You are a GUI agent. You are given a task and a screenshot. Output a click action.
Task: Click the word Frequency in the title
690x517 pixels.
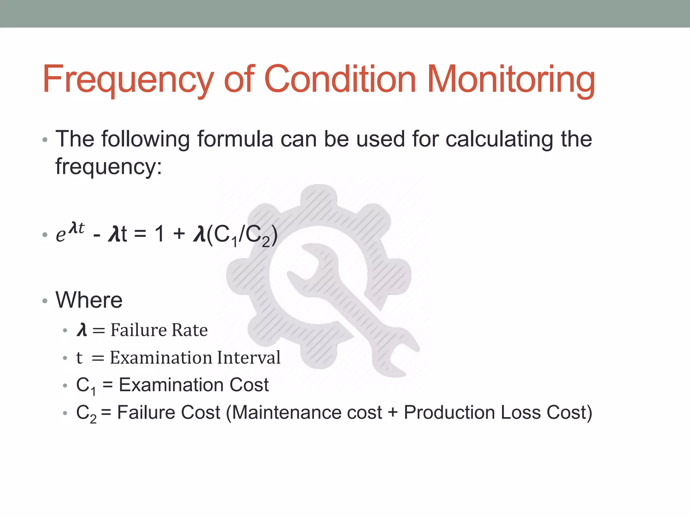[128, 80]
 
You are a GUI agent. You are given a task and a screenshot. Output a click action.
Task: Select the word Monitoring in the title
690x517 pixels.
[511, 80]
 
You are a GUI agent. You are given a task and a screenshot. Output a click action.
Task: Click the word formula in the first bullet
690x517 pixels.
[235, 139]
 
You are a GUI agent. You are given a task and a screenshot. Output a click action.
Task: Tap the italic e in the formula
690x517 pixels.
[61, 235]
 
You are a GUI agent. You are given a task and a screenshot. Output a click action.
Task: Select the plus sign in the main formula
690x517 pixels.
[179, 234]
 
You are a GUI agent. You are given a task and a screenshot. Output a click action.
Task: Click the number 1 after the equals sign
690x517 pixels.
[159, 234]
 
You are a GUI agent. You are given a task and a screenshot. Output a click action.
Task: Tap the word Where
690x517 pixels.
[89, 300]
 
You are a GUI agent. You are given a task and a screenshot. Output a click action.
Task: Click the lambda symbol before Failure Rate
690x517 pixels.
[82, 330]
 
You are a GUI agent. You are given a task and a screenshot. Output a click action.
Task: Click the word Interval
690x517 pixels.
[249, 357]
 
